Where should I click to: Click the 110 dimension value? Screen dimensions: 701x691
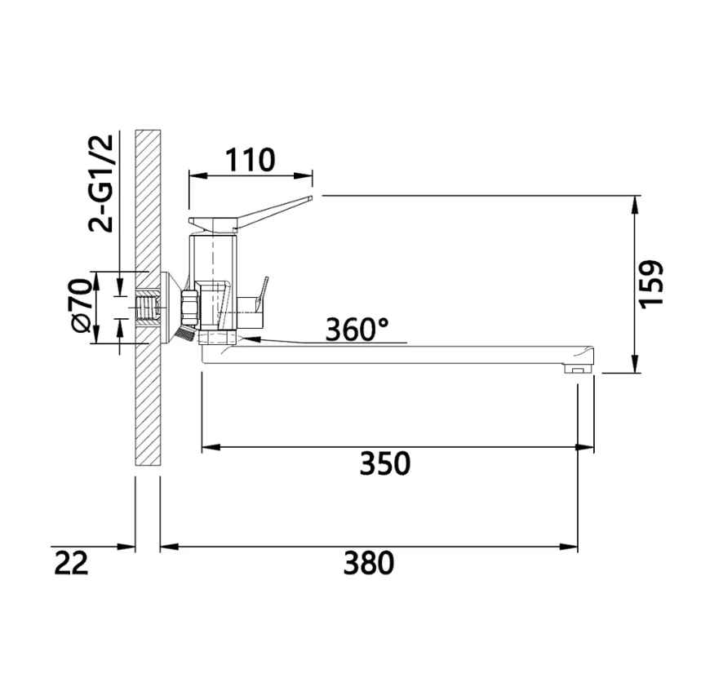[250, 160]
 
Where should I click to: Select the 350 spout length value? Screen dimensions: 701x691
[385, 463]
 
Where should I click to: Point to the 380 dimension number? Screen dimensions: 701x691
[369, 563]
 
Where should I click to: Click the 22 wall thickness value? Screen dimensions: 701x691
[71, 563]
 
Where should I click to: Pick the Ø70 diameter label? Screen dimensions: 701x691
[82, 306]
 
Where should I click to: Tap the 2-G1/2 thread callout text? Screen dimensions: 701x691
[100, 184]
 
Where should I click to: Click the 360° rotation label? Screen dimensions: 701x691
[357, 330]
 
